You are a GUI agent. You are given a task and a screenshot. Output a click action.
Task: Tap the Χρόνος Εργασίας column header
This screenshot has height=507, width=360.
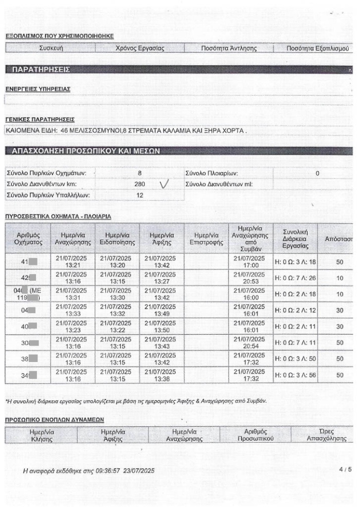click(140, 48)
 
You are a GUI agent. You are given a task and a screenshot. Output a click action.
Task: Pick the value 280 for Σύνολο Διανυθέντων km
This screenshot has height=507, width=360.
click(139, 184)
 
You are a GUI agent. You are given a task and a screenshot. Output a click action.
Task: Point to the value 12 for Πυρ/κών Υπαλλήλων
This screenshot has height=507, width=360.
click(139, 195)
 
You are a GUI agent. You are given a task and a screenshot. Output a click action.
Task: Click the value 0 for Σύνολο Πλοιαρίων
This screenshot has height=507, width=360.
click(317, 173)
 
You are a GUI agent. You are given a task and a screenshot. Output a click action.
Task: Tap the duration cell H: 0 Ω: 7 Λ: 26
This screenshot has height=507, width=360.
click(295, 278)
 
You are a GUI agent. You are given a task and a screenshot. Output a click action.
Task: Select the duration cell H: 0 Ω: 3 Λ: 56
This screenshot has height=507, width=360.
click(295, 376)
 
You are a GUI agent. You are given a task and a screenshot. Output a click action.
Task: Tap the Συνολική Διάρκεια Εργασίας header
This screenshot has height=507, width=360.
click(295, 238)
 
